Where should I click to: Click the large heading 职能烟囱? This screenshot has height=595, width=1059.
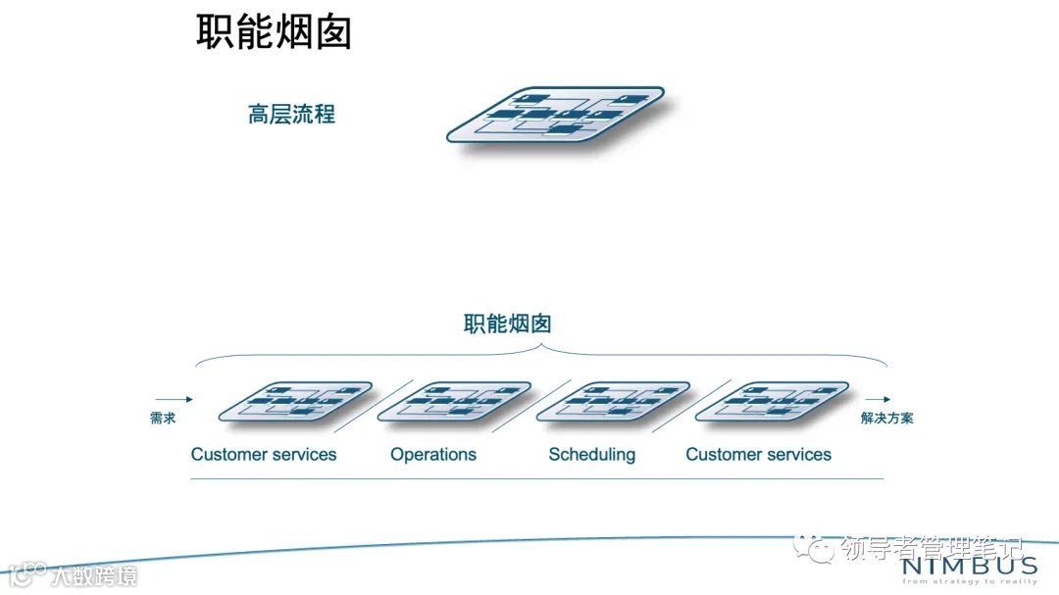tap(274, 31)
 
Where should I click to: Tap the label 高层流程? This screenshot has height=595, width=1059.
tap(291, 115)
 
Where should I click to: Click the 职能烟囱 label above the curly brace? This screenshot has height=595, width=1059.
tap(507, 323)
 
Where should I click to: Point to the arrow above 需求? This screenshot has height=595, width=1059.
tap(174, 399)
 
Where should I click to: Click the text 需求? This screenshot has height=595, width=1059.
tap(163, 419)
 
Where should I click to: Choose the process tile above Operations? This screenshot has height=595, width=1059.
tap(453, 401)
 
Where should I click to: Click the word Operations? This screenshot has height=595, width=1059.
tap(433, 455)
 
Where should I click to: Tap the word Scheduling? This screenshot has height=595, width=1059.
tap(591, 455)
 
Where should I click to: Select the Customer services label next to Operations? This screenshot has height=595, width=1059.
tap(264, 455)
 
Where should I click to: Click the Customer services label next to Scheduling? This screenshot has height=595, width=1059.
tap(758, 455)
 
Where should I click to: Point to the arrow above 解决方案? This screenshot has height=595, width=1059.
tap(878, 399)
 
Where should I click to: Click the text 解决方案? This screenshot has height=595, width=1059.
tap(886, 419)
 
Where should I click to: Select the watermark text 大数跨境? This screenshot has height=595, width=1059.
tap(94, 574)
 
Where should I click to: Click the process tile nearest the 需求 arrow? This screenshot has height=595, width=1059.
tap(294, 401)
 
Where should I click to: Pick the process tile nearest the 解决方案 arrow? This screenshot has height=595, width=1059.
tap(772, 401)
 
